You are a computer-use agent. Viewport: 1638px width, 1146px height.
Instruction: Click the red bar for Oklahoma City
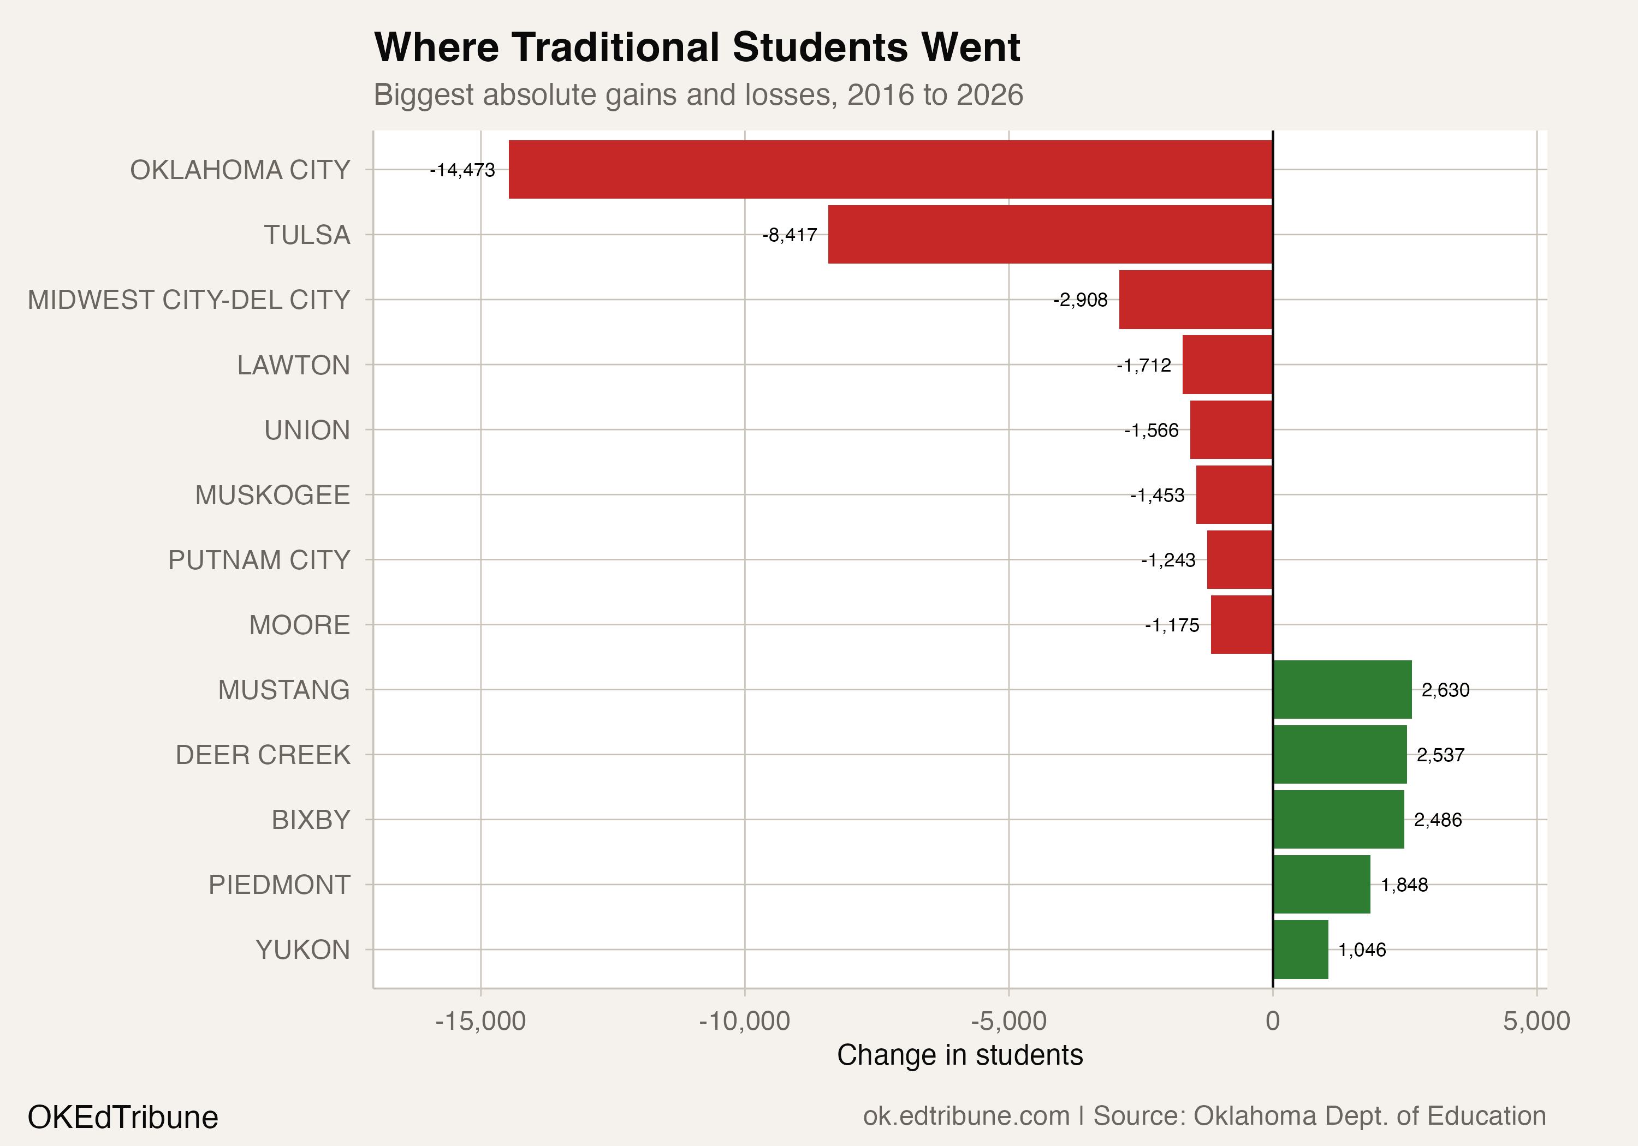(891, 170)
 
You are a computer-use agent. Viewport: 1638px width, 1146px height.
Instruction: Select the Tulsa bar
(1050, 235)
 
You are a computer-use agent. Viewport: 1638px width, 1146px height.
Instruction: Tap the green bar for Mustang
(1342, 690)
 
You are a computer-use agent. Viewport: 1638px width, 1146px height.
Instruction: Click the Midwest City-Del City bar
(1196, 300)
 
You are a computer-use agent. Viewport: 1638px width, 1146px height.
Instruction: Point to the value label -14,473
(462, 170)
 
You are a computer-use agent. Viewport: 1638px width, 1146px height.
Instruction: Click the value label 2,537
(1440, 755)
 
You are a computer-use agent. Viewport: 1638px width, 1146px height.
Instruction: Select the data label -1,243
(1168, 560)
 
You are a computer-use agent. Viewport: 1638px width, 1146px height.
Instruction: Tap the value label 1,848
(1404, 885)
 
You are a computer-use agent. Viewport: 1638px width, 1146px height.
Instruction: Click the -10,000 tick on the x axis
(744, 1021)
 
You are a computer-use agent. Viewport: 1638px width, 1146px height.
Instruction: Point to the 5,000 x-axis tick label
(1536, 1021)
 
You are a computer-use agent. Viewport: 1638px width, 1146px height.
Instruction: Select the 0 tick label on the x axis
(1272, 1021)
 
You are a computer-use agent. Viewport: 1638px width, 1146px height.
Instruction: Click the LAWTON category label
(293, 365)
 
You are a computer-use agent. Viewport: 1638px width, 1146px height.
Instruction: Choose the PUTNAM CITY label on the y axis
(259, 560)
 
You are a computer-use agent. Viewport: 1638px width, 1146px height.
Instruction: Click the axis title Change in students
(959, 1055)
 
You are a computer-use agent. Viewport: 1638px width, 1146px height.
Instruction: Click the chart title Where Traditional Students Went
(697, 48)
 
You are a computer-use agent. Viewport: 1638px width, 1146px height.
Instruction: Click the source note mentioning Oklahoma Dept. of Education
(1204, 1116)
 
